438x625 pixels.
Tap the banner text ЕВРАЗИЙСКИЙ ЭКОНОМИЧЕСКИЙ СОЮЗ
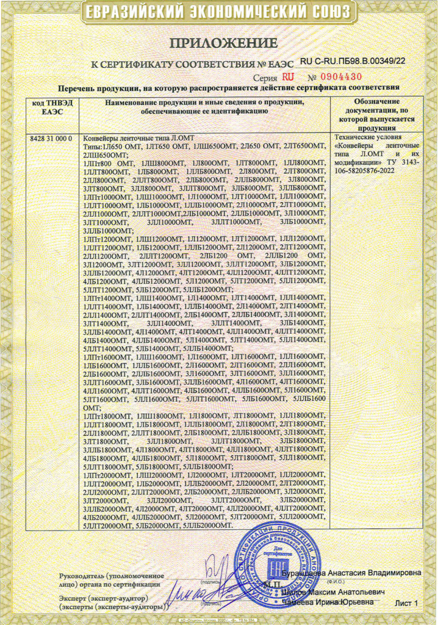pos(218,12)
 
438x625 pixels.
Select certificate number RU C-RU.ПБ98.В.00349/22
pos(353,61)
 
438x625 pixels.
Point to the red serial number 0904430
pos(340,77)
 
